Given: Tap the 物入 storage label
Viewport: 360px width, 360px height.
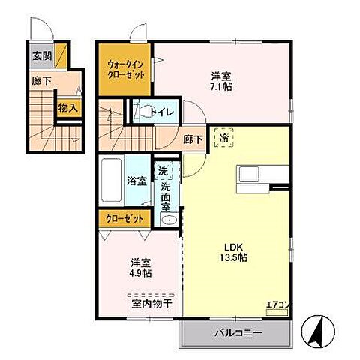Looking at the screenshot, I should (x=67, y=107).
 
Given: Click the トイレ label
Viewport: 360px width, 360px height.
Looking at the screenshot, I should (x=163, y=112).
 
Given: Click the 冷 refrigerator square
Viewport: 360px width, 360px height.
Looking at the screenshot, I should (x=223, y=138).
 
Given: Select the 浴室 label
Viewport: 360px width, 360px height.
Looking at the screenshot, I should (x=136, y=181).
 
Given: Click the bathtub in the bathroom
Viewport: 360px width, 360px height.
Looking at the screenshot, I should (x=111, y=181).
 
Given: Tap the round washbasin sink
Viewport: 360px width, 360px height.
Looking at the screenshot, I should (x=167, y=220).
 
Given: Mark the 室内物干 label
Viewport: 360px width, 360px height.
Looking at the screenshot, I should (x=152, y=303).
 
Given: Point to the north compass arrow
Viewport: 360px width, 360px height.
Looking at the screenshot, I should (x=319, y=328).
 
